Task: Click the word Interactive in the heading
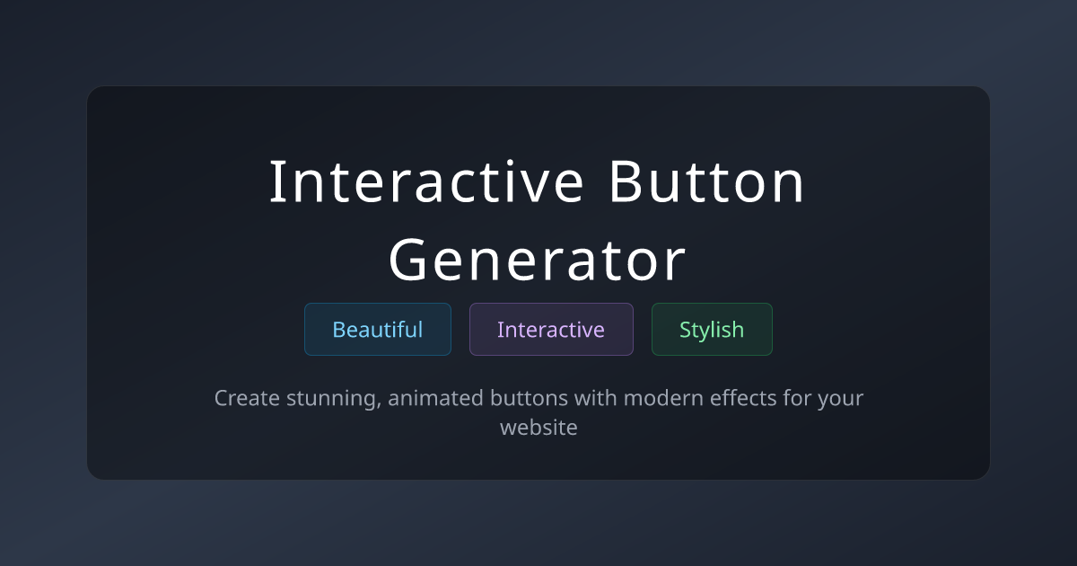point(427,182)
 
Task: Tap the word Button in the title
point(706,182)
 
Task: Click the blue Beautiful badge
point(378,330)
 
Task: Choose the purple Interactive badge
point(551,330)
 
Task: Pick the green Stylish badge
point(712,330)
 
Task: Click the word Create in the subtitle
point(246,398)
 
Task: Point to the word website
point(538,428)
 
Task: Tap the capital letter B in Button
point(625,182)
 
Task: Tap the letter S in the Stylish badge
point(686,330)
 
